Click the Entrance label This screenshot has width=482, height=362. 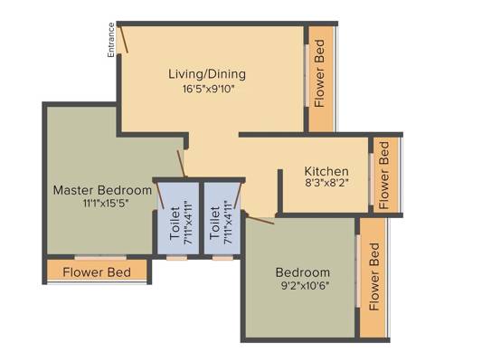click(x=111, y=40)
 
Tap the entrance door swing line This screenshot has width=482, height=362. click(x=124, y=40)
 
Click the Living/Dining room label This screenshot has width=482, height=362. click(x=207, y=74)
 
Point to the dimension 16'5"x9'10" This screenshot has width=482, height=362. click(x=208, y=90)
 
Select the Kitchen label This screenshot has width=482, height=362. click(x=326, y=171)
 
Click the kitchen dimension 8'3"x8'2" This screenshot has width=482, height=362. click(x=327, y=183)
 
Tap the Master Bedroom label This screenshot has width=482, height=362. click(x=102, y=190)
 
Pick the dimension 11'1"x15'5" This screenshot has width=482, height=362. click(x=106, y=204)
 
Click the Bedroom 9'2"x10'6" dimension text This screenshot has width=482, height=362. click(x=306, y=286)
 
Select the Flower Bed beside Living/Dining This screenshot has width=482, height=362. click(x=320, y=73)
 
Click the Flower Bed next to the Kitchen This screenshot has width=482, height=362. click(x=384, y=175)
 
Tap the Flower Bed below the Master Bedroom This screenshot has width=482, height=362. click(x=97, y=272)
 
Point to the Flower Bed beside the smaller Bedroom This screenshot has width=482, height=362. click(x=374, y=277)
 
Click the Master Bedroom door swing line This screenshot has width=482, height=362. click(x=181, y=164)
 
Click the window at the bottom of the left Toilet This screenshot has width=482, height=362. click(x=177, y=257)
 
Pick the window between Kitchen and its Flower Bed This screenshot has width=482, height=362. click(x=372, y=179)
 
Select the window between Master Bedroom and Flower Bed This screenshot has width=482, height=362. click(x=100, y=257)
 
